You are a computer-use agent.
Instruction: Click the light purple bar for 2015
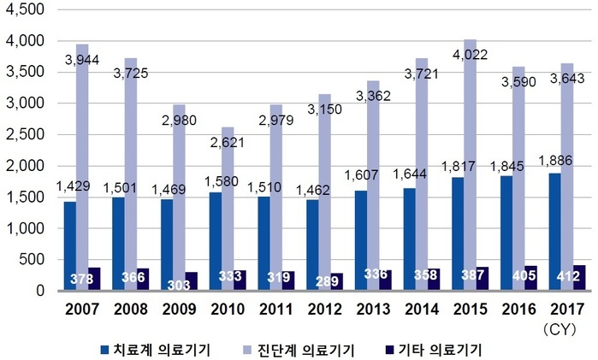471,165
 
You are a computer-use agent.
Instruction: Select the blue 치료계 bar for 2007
70,246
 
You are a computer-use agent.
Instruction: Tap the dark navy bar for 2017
579,278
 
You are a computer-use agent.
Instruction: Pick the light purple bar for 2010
228,209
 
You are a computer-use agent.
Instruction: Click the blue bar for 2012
312,245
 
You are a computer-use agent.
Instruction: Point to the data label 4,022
470,55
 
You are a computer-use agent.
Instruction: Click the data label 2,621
228,143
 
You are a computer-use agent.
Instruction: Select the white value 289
327,281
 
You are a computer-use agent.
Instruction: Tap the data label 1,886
555,161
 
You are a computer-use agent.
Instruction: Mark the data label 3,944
82,60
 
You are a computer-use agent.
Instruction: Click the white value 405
524,275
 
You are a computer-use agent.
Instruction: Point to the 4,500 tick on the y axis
25,10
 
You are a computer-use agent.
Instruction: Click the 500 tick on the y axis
33,260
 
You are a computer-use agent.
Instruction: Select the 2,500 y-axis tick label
25,134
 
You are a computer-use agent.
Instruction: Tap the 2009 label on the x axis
179,309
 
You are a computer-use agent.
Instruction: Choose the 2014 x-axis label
422,309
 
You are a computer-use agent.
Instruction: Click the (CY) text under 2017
560,330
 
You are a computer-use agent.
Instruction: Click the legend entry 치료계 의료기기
156,350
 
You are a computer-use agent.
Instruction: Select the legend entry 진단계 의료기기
299,350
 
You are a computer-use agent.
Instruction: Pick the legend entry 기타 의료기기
434,350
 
